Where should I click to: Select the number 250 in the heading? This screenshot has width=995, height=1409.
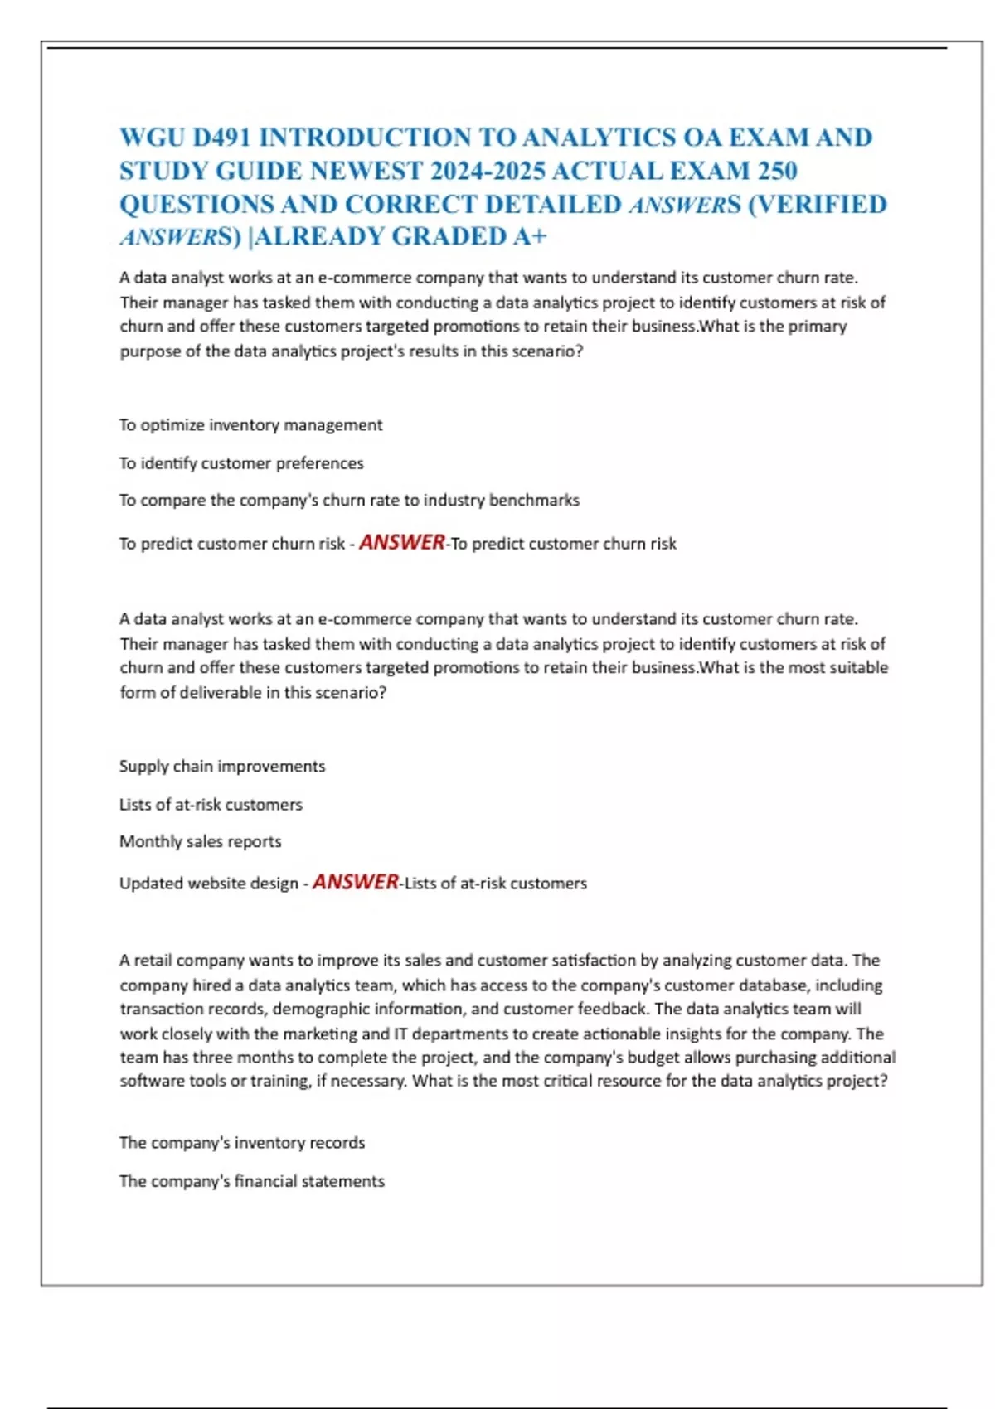(x=777, y=171)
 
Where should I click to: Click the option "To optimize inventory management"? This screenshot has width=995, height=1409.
(x=250, y=425)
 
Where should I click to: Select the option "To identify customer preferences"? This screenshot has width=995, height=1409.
(x=241, y=463)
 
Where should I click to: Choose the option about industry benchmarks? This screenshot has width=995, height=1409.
(x=349, y=501)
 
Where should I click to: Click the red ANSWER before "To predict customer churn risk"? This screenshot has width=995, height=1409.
(x=402, y=542)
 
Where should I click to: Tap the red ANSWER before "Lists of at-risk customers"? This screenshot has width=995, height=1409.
(x=356, y=882)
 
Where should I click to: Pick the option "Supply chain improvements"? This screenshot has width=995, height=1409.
(x=222, y=767)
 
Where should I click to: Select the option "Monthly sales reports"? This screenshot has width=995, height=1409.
(x=201, y=842)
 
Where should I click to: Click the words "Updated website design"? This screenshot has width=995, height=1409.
(x=209, y=884)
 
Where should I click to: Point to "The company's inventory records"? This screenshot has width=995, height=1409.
(x=242, y=1143)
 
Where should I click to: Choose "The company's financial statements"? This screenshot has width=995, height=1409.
(x=252, y=1181)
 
